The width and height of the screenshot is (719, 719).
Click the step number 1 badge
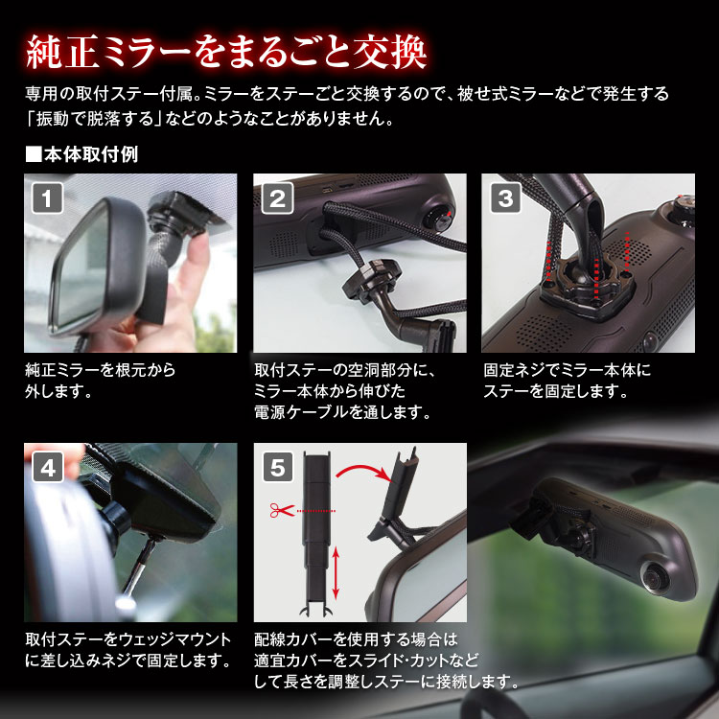pyautogui.click(x=47, y=198)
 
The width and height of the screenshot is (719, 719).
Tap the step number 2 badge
pyautogui.click(x=277, y=198)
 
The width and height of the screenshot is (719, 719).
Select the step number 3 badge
pyautogui.click(x=506, y=198)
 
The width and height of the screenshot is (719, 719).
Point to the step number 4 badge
pyautogui.click(x=48, y=467)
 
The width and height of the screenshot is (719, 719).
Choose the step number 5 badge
pyautogui.click(x=278, y=467)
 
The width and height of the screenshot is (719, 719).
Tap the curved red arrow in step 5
pyautogui.click(x=362, y=469)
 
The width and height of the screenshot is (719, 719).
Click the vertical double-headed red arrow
pyautogui.click(x=336, y=573)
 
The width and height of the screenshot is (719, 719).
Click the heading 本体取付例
pyautogui.click(x=81, y=154)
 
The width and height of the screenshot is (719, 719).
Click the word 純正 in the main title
pyautogui.click(x=63, y=53)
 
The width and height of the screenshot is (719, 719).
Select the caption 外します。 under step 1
pyautogui.click(x=59, y=391)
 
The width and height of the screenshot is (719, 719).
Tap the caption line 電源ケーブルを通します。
pyautogui.click(x=342, y=412)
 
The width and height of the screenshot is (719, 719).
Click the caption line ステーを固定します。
pyautogui.click(x=556, y=391)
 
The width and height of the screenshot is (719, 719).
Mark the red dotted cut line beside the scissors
pyautogui.click(x=316, y=511)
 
